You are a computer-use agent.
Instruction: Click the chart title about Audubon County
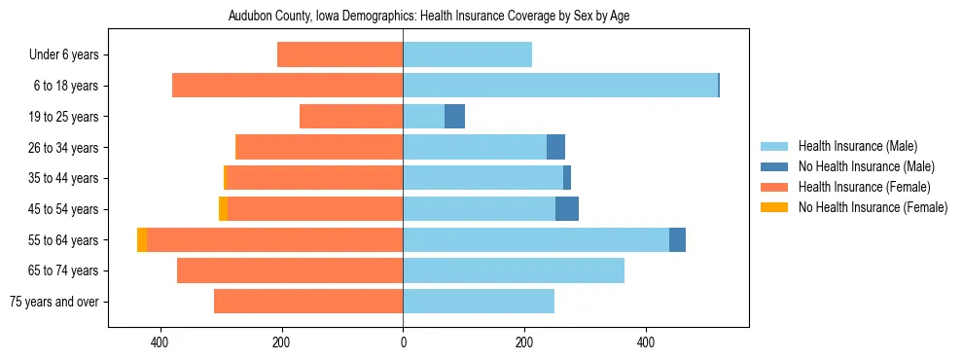pyautogui.click(x=428, y=17)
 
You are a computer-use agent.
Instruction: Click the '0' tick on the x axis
pyautogui.click(x=403, y=342)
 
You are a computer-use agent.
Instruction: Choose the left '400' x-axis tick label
pyautogui.click(x=160, y=342)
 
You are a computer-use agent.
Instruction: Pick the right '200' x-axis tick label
pyautogui.click(x=524, y=342)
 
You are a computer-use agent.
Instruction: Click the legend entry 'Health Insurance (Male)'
pyautogui.click(x=856, y=146)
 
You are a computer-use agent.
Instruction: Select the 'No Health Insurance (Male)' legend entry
pyautogui.click(x=866, y=166)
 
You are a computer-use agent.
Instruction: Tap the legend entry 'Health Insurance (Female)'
pyautogui.click(x=864, y=187)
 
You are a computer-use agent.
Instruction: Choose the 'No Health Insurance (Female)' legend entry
pyautogui.click(x=873, y=207)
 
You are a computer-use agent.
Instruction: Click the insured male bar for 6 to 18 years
pyautogui.click(x=559, y=86)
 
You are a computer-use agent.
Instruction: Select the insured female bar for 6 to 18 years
pyautogui.click(x=287, y=86)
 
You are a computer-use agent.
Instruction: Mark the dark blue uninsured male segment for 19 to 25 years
pyautogui.click(x=454, y=117)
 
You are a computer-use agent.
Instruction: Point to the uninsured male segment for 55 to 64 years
pyautogui.click(x=677, y=239)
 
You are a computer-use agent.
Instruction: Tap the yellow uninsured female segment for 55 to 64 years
pyautogui.click(x=142, y=239)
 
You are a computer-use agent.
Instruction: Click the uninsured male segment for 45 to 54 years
pyautogui.click(x=567, y=208)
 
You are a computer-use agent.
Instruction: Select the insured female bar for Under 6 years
pyautogui.click(x=339, y=54)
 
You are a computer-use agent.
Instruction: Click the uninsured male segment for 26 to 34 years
pyautogui.click(x=555, y=147)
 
